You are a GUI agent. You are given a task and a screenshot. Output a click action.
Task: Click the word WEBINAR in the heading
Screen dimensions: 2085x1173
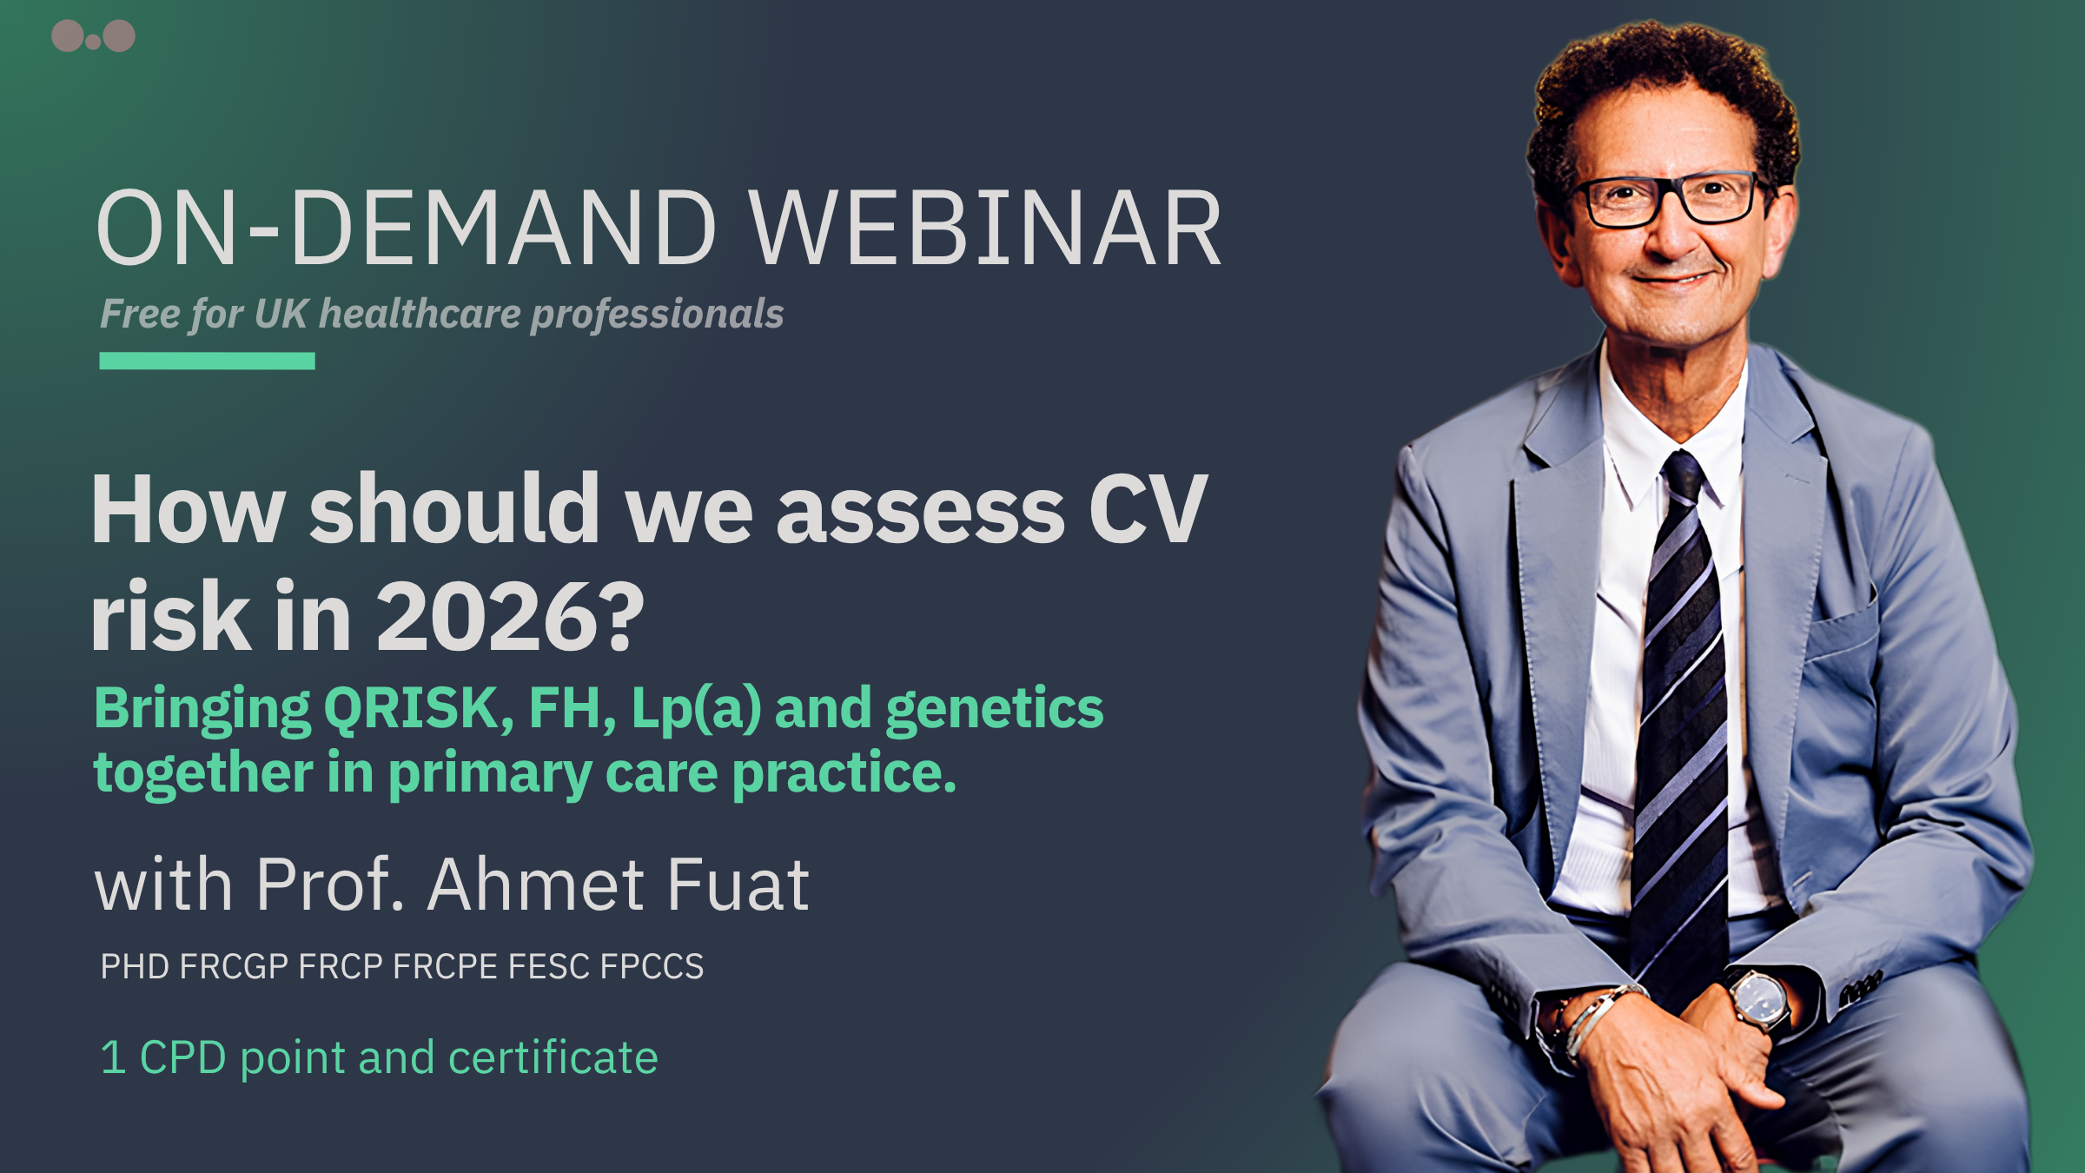(x=986, y=228)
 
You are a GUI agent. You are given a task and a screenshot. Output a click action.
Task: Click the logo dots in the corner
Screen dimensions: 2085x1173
(x=93, y=36)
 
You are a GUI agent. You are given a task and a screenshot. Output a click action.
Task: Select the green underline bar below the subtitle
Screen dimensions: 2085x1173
(x=207, y=361)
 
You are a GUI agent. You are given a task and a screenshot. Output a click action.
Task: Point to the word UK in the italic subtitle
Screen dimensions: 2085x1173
(x=281, y=314)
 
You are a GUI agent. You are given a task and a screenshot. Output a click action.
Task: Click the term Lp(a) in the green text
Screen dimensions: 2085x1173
(x=696, y=709)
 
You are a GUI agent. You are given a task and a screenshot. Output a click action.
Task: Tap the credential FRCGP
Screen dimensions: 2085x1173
(x=234, y=966)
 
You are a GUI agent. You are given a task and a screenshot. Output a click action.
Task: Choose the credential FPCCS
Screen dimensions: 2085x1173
(x=652, y=966)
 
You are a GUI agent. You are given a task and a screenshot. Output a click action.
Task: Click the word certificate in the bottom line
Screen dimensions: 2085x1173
(x=553, y=1057)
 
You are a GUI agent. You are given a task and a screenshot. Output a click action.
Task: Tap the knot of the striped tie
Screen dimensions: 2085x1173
(x=1683, y=479)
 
